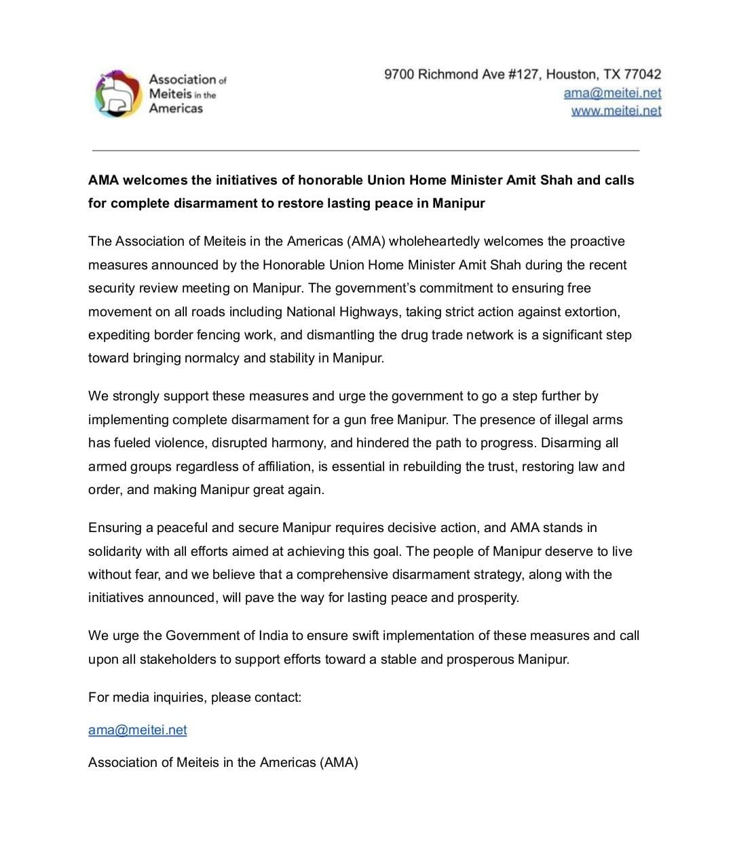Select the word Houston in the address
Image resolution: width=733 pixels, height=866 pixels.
click(571, 74)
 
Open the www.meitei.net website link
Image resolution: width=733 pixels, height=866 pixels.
click(616, 111)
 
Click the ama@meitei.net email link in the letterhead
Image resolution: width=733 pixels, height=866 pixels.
click(612, 93)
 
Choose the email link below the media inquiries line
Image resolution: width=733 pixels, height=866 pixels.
click(137, 730)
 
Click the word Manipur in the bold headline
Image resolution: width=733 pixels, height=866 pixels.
click(459, 203)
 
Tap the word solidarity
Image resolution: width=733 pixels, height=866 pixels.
click(116, 551)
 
